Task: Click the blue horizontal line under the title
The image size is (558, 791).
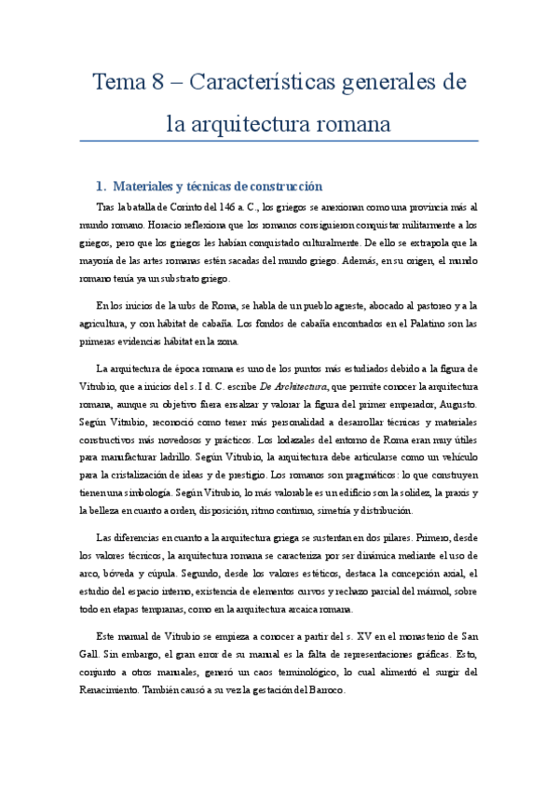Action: coord(279,140)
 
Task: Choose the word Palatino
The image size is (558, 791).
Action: coord(424,324)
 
